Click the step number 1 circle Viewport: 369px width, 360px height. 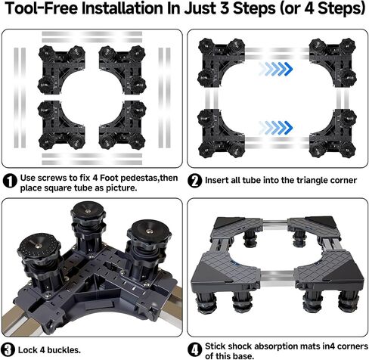[10, 181]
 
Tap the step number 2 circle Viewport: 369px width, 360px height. [195, 181]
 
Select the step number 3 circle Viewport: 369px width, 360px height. [8, 349]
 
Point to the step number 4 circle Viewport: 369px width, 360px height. [195, 349]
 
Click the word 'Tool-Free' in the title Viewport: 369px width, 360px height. [42, 8]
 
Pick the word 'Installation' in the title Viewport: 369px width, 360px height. [122, 8]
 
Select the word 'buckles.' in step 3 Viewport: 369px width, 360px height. [64, 350]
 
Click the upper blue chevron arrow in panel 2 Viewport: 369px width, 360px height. [276, 69]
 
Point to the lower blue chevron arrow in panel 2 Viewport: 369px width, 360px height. [276, 127]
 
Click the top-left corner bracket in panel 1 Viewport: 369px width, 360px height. [61, 70]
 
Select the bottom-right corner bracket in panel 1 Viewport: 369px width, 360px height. [122, 125]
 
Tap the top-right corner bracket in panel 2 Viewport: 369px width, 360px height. [333, 63]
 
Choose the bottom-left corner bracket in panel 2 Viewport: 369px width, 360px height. [222, 134]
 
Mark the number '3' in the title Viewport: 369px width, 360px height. [226, 8]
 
